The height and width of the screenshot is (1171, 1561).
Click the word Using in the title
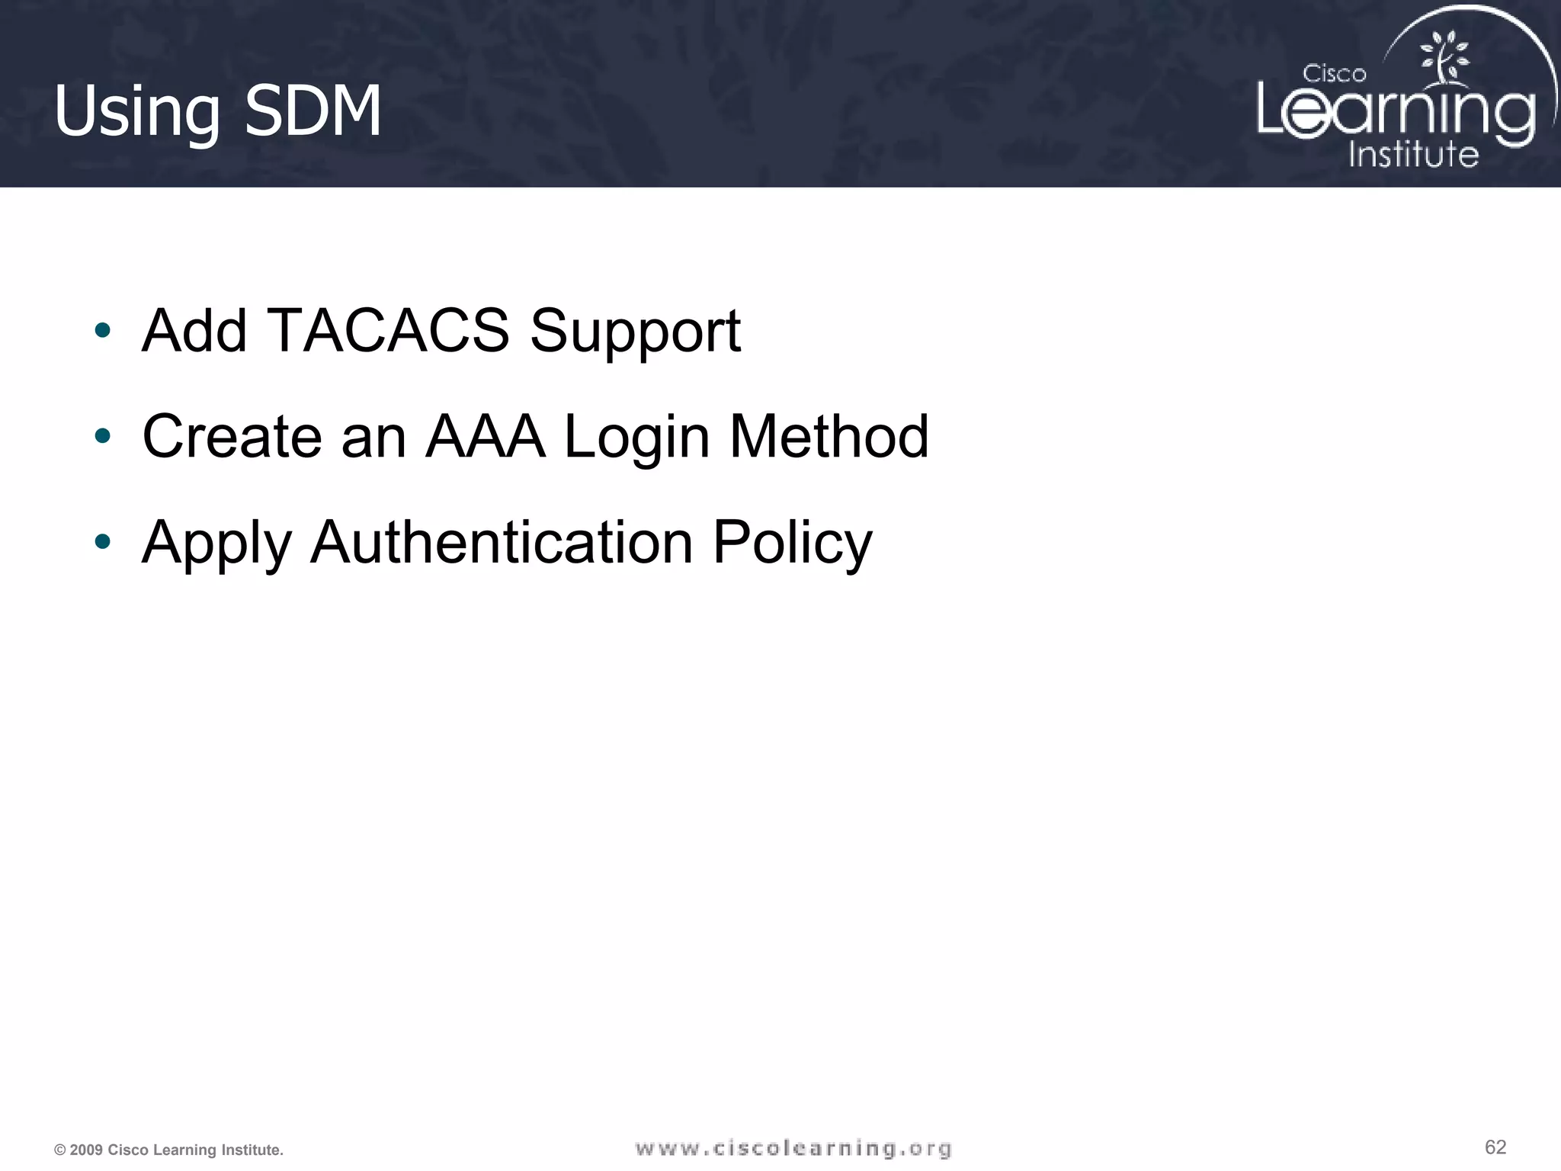(x=136, y=112)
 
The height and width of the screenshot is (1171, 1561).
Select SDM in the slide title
(x=313, y=111)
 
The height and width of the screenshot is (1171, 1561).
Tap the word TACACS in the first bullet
(x=388, y=331)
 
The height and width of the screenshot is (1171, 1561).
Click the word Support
(x=635, y=332)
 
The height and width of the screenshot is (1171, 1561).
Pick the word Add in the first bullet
(x=194, y=331)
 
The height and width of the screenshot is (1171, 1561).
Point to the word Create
(x=232, y=437)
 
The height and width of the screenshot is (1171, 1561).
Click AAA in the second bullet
(x=486, y=437)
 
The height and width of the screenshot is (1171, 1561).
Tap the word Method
(x=829, y=437)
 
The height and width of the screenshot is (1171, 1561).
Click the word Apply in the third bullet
(x=217, y=544)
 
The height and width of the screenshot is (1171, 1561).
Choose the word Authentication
(x=502, y=542)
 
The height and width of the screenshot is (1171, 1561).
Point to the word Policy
(x=792, y=544)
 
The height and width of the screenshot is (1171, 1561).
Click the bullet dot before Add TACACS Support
(x=103, y=331)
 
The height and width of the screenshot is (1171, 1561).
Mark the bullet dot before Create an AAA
(x=103, y=437)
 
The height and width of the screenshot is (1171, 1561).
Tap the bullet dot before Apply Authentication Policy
(x=103, y=542)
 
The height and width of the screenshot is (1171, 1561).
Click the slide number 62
(x=1495, y=1147)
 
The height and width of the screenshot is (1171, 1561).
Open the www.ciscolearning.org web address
(x=793, y=1149)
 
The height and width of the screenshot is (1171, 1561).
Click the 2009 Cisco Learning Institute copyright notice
(x=168, y=1150)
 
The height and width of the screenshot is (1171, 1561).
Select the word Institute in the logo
(x=1413, y=154)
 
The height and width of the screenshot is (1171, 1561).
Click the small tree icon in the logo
(x=1444, y=56)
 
